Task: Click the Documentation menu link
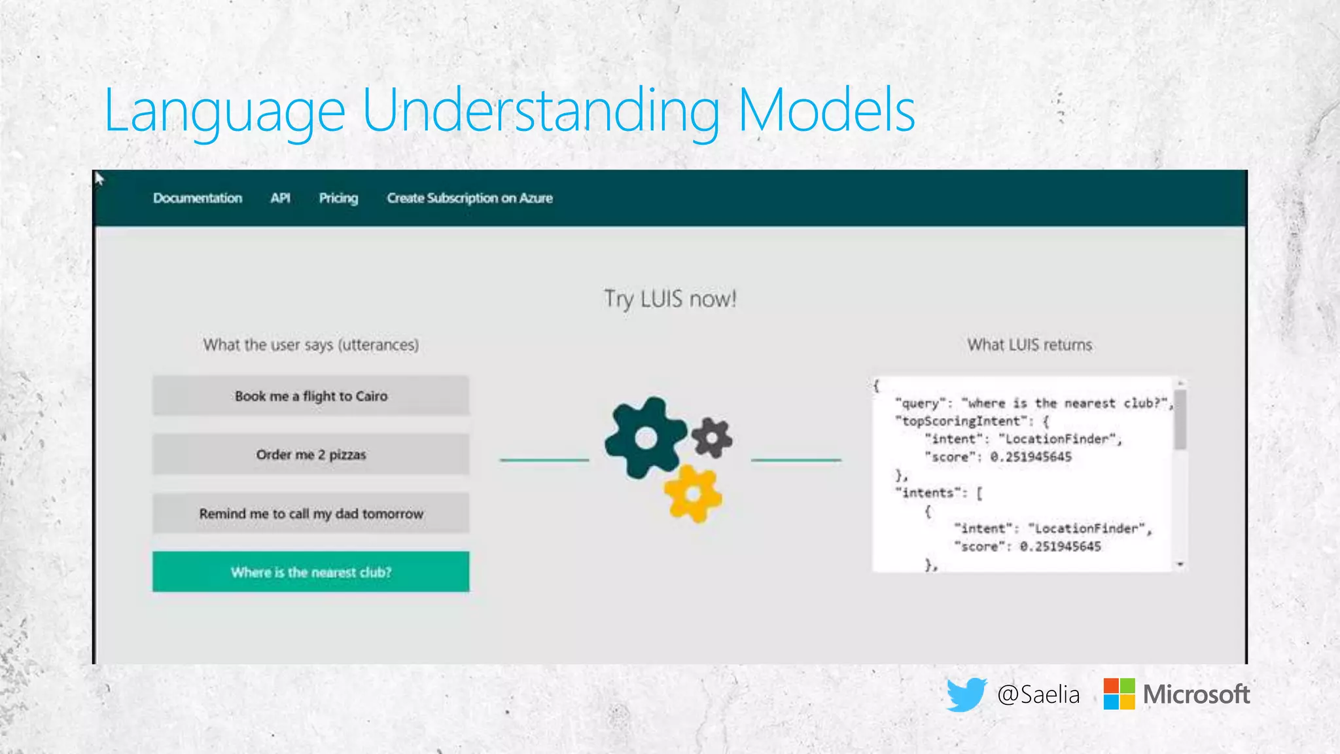pyautogui.click(x=198, y=198)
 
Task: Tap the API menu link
pyautogui.click(x=280, y=198)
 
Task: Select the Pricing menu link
pyautogui.click(x=338, y=198)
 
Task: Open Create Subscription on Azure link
pyautogui.click(x=469, y=198)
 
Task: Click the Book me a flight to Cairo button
pyautogui.click(x=311, y=396)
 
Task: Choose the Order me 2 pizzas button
pyautogui.click(x=311, y=454)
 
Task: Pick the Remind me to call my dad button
pyautogui.click(x=311, y=513)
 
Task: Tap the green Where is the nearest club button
pyautogui.click(x=311, y=572)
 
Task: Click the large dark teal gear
pyautogui.click(x=645, y=438)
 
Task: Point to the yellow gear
pyautogui.click(x=692, y=494)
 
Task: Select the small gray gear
pyautogui.click(x=712, y=437)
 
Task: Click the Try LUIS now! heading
pyautogui.click(x=670, y=299)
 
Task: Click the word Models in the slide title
pyautogui.click(x=826, y=111)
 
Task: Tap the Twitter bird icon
pyautogui.click(x=966, y=694)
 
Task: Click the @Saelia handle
pyautogui.click(x=1038, y=694)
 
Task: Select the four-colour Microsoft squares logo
pyautogui.click(x=1119, y=694)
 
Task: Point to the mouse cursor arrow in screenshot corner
pyautogui.click(x=99, y=178)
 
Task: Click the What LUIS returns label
pyautogui.click(x=1029, y=345)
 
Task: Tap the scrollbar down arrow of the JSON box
pyautogui.click(x=1180, y=564)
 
